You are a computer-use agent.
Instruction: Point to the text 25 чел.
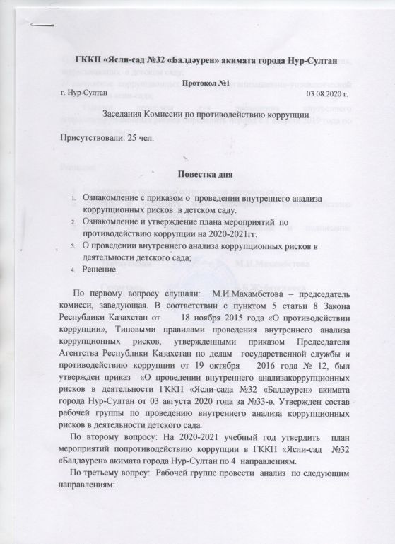pos(147,137)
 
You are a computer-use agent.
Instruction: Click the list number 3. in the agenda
pos(77,246)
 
